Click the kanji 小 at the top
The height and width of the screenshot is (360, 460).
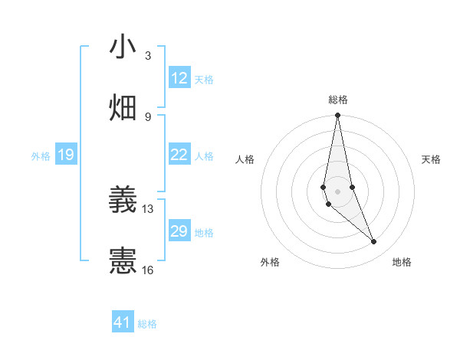[x=123, y=47]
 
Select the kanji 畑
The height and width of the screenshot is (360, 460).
[x=123, y=108]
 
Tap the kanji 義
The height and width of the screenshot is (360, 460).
[x=123, y=200]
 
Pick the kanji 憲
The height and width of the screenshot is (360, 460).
[x=123, y=261]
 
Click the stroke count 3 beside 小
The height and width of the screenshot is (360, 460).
[x=148, y=56]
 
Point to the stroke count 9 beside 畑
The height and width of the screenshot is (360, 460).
[x=148, y=117]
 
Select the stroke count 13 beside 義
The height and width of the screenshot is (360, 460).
[x=148, y=208]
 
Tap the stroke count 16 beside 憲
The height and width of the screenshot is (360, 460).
[x=148, y=270]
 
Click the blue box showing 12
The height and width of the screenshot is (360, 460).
[x=179, y=78]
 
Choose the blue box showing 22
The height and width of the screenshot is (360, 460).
[x=179, y=155]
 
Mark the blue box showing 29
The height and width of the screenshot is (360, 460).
[x=179, y=231]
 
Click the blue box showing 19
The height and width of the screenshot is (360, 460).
[x=66, y=155]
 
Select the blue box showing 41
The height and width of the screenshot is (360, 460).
[x=123, y=322]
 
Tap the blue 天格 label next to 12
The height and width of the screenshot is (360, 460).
[x=204, y=79]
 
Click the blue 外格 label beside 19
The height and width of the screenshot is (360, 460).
[x=41, y=155]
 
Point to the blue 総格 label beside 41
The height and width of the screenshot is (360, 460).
[x=147, y=323]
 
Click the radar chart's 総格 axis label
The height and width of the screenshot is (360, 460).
[x=338, y=100]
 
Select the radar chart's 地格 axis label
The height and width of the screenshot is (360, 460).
[x=402, y=262]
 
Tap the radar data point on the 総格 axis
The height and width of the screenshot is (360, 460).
[x=337, y=116]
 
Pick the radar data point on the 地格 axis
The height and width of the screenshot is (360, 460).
[x=374, y=242]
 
